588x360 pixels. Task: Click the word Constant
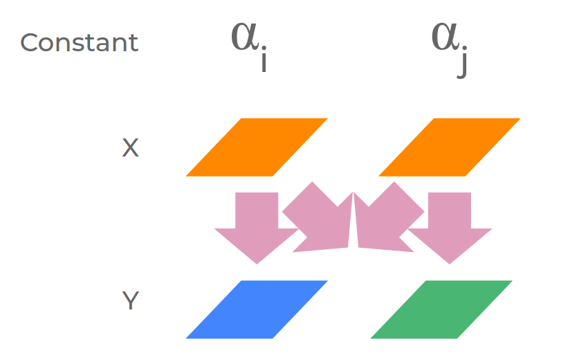(79, 43)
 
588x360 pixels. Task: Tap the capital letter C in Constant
(29, 43)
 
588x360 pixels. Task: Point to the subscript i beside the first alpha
(264, 61)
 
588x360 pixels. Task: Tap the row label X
(130, 147)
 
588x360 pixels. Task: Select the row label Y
(130, 301)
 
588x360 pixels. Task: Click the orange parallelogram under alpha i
(257, 147)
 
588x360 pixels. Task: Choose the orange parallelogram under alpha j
(449, 147)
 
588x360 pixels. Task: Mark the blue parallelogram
(257, 309)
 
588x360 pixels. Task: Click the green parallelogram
(441, 309)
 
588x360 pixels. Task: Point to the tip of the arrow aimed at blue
(257, 262)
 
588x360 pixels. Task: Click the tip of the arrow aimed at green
(450, 262)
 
